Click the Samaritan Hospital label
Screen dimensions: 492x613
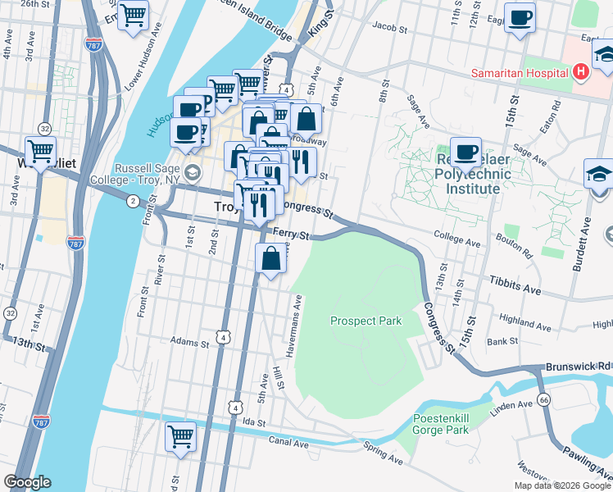tap(520, 73)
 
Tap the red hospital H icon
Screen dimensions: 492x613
tap(581, 72)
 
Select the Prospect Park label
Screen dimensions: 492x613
tap(366, 321)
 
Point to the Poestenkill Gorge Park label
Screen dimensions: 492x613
tap(440, 424)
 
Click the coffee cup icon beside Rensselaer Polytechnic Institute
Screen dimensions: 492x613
tap(466, 151)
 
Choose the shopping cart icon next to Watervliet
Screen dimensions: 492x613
tap(40, 150)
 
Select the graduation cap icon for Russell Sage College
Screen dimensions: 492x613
tap(192, 171)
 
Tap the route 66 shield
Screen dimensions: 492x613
tap(543, 399)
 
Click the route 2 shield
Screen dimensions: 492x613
tap(133, 200)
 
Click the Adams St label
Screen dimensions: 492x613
tap(185, 340)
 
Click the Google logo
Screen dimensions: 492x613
tap(28, 482)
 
